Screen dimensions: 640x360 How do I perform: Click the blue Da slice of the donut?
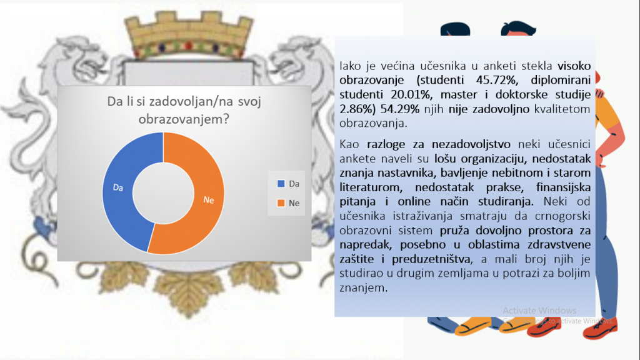pyautogui.click(x=118, y=192)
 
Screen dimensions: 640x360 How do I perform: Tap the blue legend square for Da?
pyautogui.click(x=281, y=184)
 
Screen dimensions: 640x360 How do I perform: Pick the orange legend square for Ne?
pyautogui.click(x=281, y=203)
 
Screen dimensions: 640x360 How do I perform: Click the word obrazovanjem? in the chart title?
pyautogui.click(x=184, y=119)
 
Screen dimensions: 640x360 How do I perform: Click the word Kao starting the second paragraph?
pyautogui.click(x=349, y=144)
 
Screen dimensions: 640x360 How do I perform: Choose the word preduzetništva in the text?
pyautogui.click(x=431, y=259)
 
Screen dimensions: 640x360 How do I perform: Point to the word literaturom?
pyautogui.click(x=371, y=187)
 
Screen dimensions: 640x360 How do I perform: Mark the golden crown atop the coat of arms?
pyautogui.click(x=189, y=35)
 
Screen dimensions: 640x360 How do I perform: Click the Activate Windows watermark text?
pyautogui.click(x=539, y=311)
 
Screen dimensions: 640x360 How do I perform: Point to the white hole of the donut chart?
pyautogui.click(x=163, y=193)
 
